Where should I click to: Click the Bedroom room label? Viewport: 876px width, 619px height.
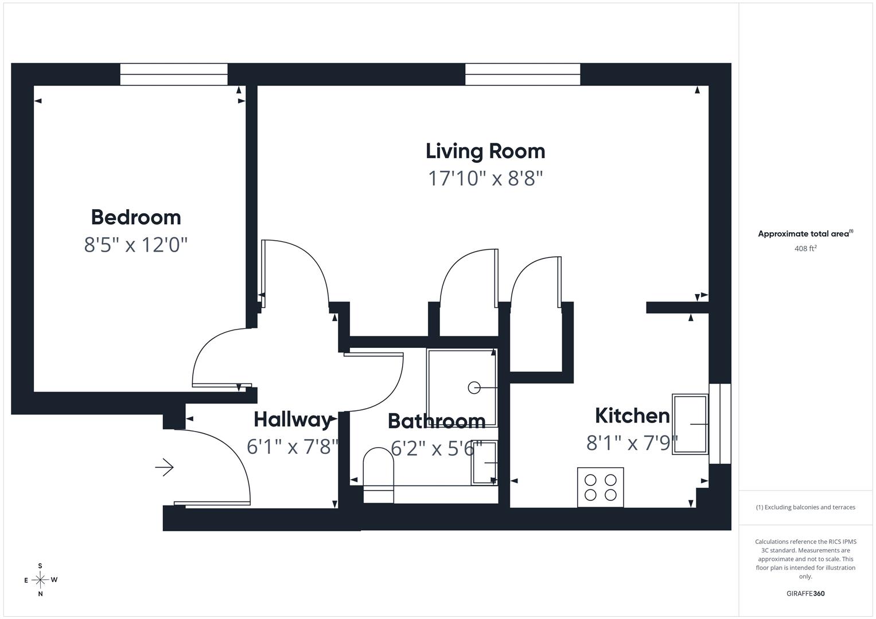136,217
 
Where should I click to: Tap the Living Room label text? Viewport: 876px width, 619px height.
485,152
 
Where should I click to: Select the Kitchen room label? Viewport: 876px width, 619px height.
632,416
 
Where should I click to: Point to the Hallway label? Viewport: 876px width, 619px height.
293,420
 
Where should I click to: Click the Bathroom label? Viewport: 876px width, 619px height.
437,421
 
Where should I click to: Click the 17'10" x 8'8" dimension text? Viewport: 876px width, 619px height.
486,179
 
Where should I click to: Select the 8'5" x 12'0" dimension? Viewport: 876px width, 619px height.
136,245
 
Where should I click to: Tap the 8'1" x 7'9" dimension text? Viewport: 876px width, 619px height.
632,442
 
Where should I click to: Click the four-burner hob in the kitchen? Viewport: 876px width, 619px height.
600,487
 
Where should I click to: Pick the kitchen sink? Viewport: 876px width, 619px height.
690,424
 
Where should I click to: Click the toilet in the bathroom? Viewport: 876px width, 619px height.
378,475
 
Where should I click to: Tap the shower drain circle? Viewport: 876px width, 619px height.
474,387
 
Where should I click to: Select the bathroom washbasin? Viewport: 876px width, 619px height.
484,463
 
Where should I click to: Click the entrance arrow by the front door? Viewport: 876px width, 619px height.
164,467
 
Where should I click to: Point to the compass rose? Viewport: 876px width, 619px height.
40,579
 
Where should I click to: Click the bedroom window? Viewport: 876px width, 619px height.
174,75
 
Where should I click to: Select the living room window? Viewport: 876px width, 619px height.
523,75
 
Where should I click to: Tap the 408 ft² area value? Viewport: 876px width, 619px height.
805,249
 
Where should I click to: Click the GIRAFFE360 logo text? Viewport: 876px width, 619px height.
805,593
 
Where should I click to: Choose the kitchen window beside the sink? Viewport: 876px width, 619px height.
720,424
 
